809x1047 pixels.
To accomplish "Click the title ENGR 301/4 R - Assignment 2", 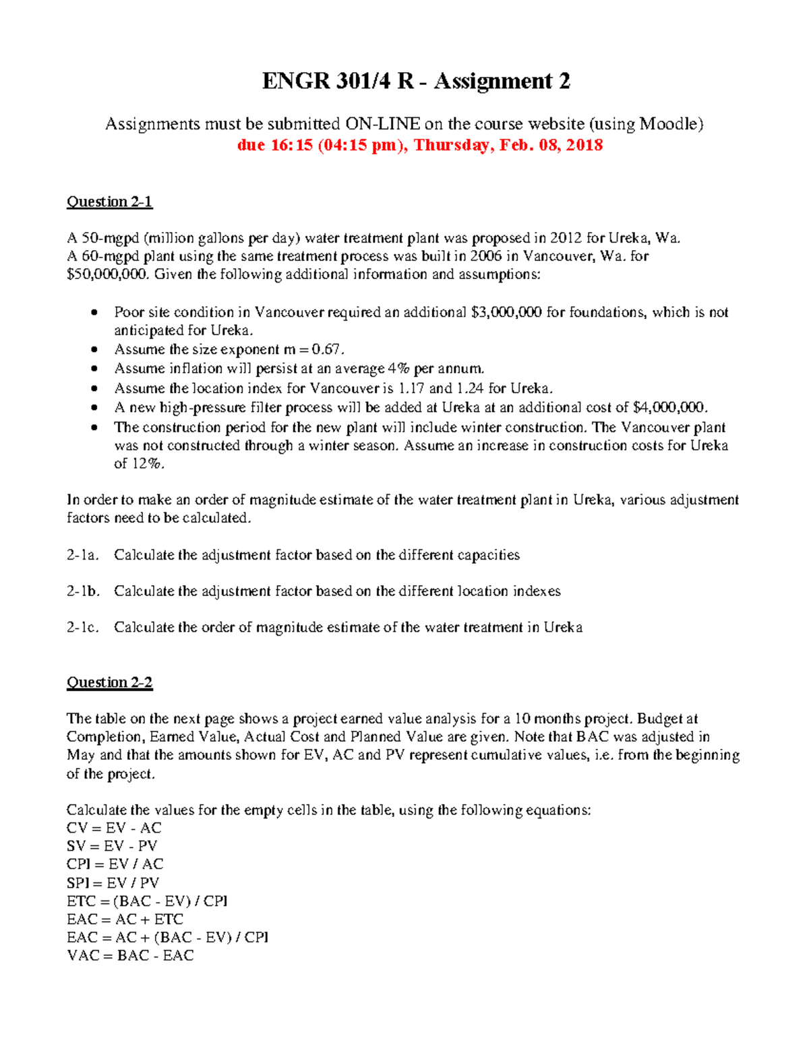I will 416,82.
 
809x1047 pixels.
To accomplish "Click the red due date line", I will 419,145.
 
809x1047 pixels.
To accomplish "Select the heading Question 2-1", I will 109,202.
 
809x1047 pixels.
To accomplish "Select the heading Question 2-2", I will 109,682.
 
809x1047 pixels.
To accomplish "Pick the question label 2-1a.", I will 83,555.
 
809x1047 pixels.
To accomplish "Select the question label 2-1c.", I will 83,628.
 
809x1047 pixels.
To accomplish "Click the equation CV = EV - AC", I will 114,828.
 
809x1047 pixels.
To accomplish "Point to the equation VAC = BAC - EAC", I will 130,955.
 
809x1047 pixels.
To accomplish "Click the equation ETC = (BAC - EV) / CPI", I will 147,901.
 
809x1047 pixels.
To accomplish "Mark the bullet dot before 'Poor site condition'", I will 95,312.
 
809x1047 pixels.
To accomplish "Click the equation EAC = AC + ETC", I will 125,919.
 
